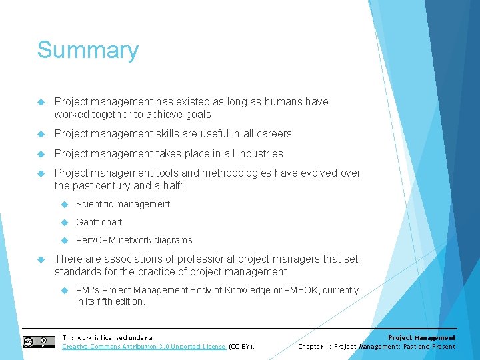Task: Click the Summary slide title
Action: [87, 51]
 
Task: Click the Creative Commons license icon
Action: [38, 342]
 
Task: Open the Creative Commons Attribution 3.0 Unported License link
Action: [144, 347]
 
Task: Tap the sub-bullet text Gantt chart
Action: [99, 222]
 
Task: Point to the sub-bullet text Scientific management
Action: [123, 204]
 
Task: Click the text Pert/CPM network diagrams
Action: [133, 240]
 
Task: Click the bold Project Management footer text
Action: [422, 337]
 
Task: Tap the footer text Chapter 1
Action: [313, 347]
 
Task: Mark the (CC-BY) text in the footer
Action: [241, 347]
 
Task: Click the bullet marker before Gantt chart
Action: [65, 222]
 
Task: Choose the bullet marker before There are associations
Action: [41, 259]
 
